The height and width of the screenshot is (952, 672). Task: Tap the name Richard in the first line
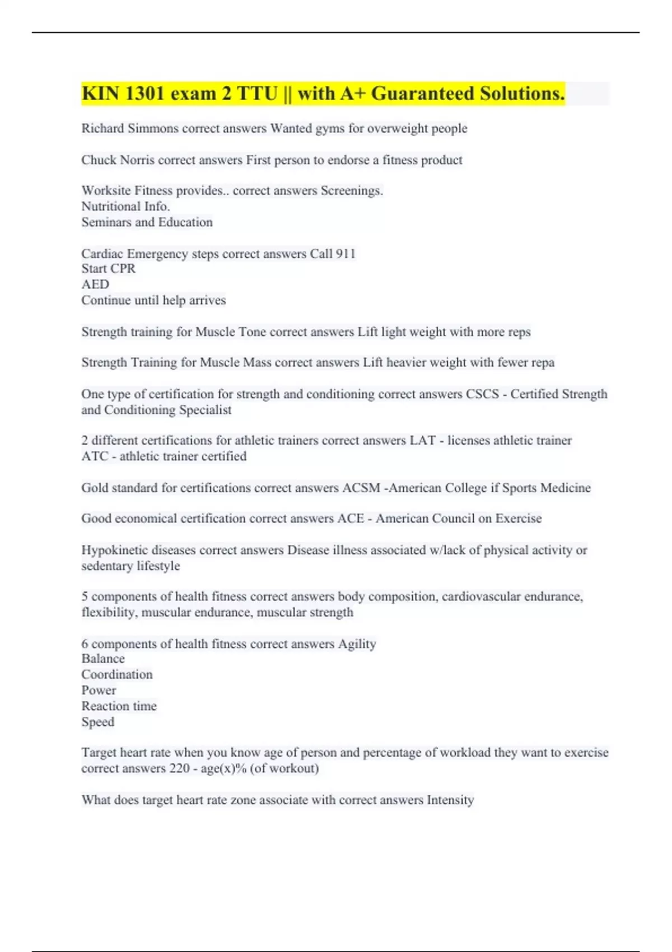pyautogui.click(x=102, y=128)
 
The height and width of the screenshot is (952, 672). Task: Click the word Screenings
pyautogui.click(x=352, y=191)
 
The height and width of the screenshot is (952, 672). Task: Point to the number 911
pyautogui.click(x=346, y=254)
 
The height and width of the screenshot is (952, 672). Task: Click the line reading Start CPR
pyautogui.click(x=108, y=269)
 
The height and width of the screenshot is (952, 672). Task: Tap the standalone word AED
pyautogui.click(x=95, y=284)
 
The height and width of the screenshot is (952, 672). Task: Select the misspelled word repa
pyautogui.click(x=543, y=362)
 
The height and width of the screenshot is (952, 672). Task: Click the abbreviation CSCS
pyautogui.click(x=482, y=394)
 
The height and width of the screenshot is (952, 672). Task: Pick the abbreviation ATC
pyautogui.click(x=95, y=456)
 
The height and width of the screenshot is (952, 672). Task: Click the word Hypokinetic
pyautogui.click(x=115, y=550)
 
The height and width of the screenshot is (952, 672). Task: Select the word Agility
pyautogui.click(x=357, y=644)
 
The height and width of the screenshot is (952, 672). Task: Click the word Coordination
pyautogui.click(x=116, y=675)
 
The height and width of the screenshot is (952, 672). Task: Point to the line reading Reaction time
pyautogui.click(x=119, y=706)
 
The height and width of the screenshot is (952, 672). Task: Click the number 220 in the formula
pyautogui.click(x=179, y=768)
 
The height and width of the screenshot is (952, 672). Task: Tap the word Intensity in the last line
pyautogui.click(x=450, y=800)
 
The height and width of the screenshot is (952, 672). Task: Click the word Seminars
pyautogui.click(x=106, y=222)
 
